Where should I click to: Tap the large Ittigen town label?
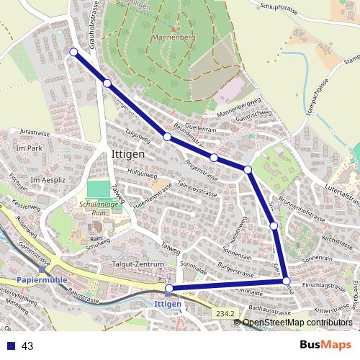click(129, 155)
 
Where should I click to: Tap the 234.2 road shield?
click(225, 312)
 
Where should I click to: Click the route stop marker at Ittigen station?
click(169, 289)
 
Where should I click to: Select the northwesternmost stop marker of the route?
click(73, 51)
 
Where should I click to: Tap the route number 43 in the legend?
click(28, 346)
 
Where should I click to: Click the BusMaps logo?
click(326, 346)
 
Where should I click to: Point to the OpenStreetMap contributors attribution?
click(297, 323)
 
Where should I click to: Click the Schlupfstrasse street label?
click(275, 6)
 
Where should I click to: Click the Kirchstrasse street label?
click(337, 236)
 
